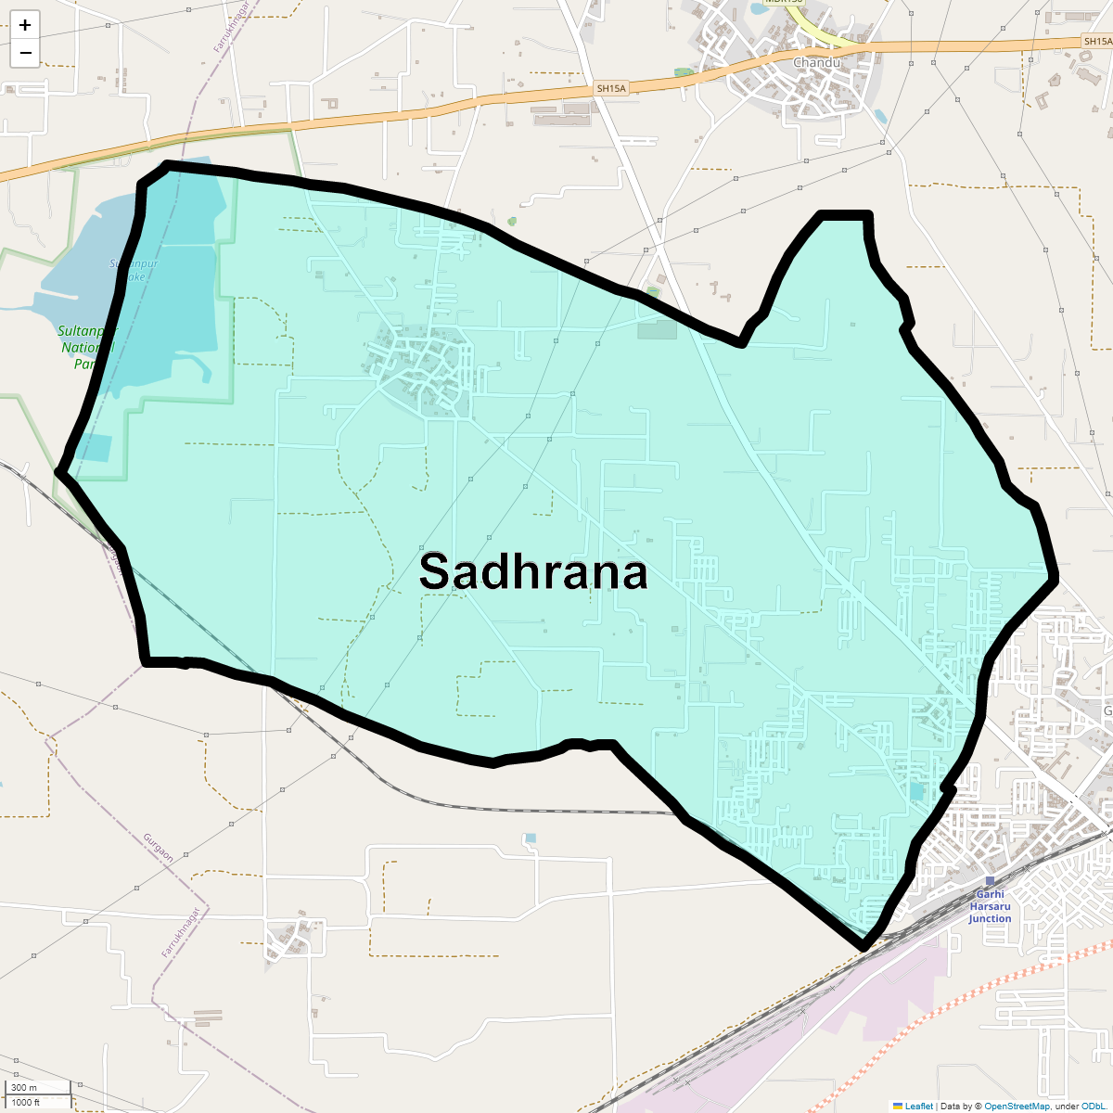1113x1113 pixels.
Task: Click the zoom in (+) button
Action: coord(25,25)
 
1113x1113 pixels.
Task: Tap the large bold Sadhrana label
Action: coord(532,571)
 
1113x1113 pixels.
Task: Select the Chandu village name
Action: coord(816,62)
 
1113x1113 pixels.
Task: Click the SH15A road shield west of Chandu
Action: coord(611,88)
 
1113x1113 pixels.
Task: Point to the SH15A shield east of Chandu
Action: coord(1097,42)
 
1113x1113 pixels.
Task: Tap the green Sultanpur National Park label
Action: coord(86,347)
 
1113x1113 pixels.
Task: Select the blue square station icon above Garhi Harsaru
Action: coord(990,881)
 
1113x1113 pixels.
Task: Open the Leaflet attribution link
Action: coord(918,1106)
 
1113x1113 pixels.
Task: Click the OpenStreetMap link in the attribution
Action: coord(1017,1106)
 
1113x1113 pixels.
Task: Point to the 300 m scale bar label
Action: coord(24,1088)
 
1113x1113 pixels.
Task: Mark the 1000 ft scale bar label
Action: coord(25,1103)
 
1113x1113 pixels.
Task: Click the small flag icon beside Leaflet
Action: coord(898,1106)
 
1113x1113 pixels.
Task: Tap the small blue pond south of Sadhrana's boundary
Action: coord(530,838)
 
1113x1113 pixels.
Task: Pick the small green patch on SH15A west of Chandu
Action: coord(684,72)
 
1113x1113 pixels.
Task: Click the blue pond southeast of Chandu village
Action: coord(879,116)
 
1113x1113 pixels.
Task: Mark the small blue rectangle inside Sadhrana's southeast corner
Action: coord(916,791)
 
